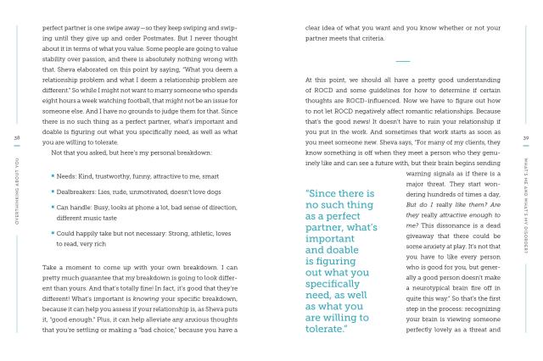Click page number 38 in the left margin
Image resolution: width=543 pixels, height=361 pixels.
click(17, 138)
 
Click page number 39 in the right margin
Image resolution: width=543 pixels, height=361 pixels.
click(526, 138)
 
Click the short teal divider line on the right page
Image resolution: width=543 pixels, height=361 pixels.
click(403, 60)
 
